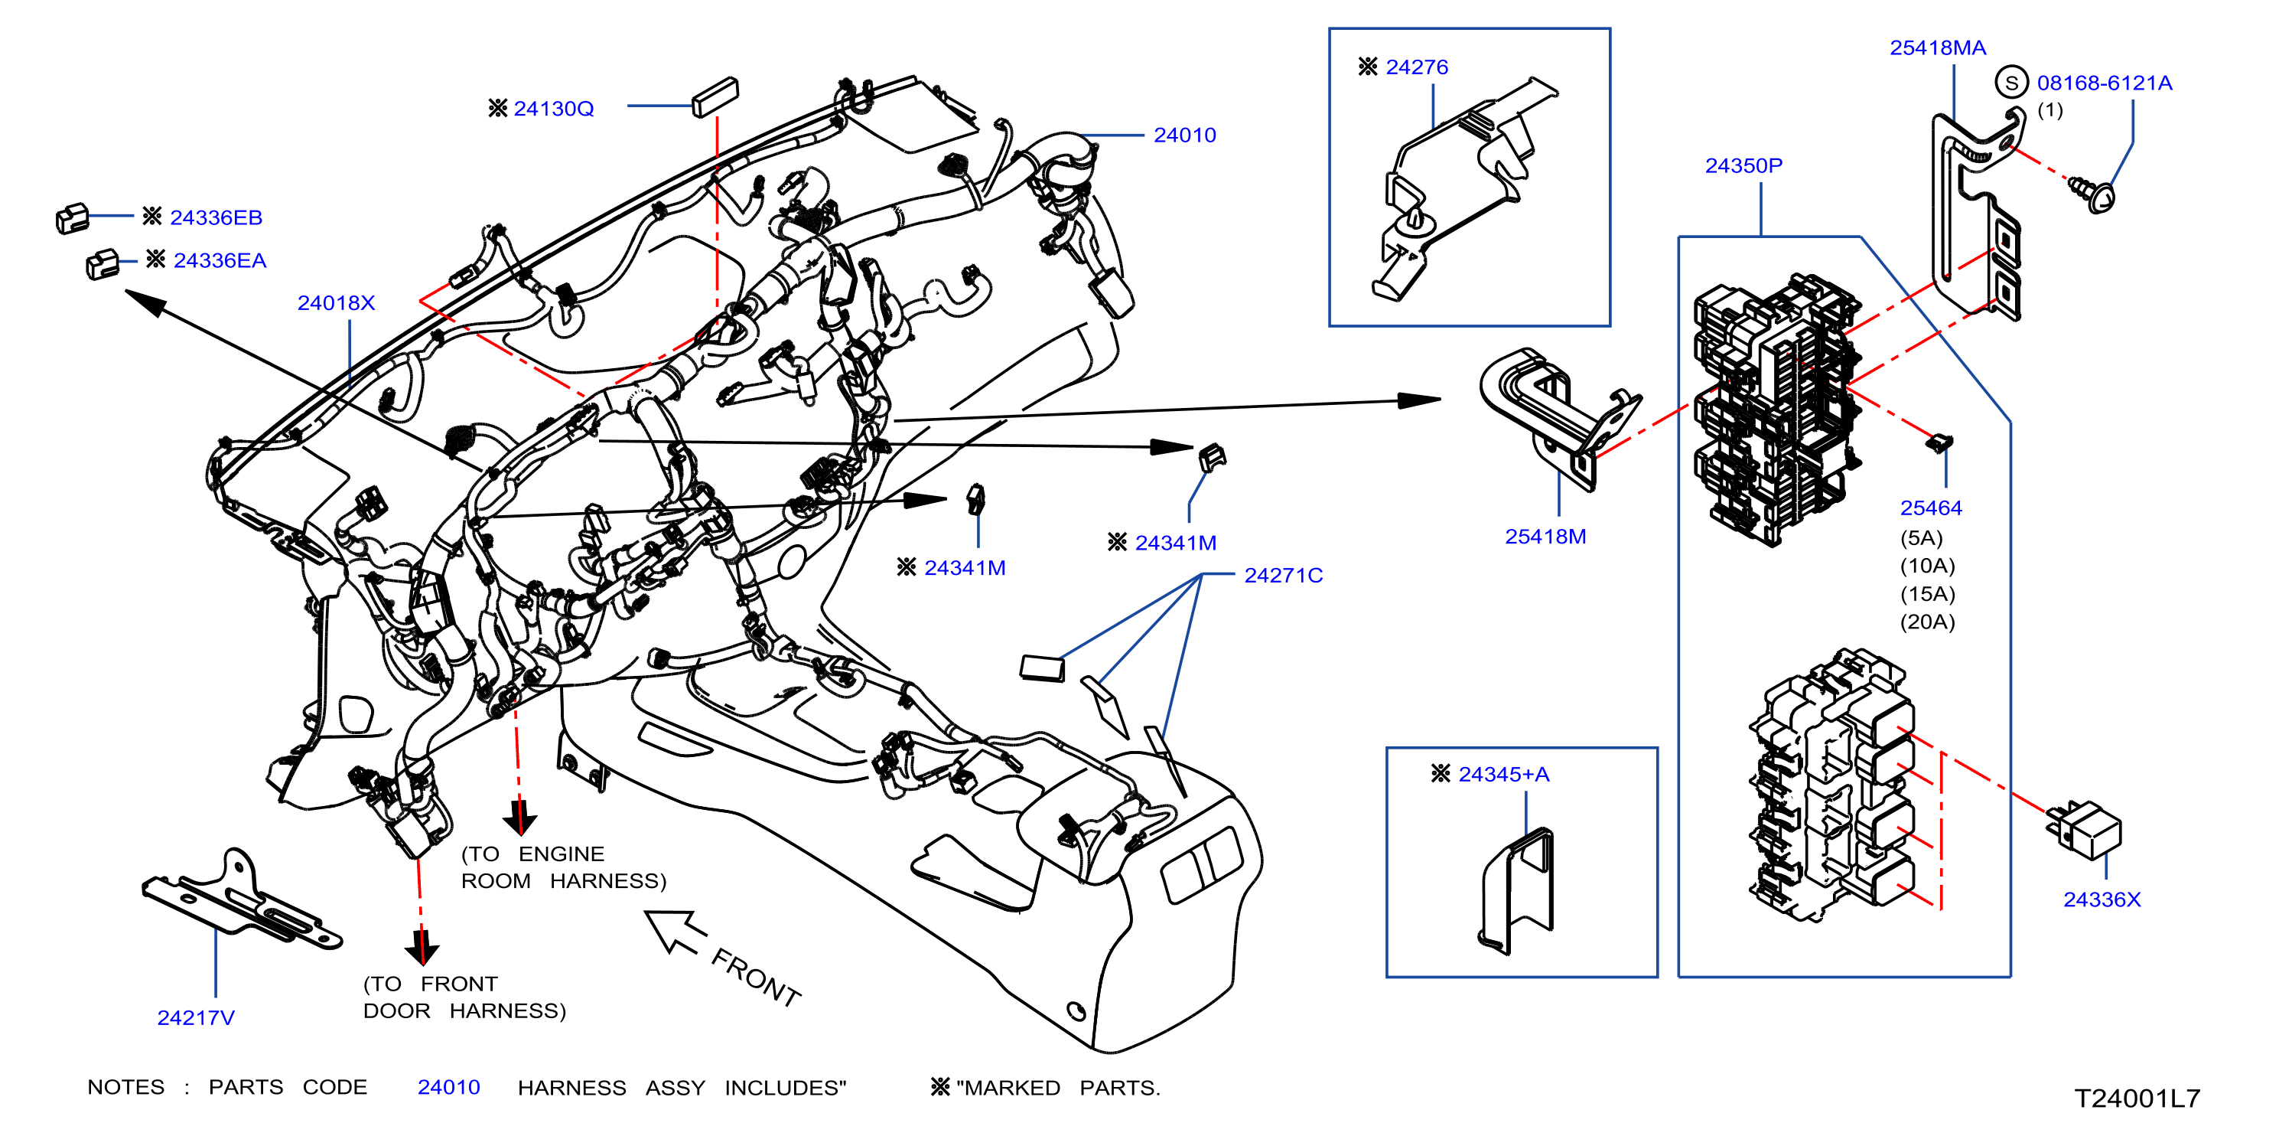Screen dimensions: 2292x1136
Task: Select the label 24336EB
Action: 217,217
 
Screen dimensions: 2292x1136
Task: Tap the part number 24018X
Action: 337,302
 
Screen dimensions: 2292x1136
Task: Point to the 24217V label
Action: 196,1017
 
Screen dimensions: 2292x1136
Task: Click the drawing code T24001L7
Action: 2137,1098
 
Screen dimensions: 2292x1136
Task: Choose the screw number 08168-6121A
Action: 2105,83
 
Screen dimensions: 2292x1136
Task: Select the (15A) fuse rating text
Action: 1927,594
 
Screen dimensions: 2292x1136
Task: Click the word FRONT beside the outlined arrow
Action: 757,977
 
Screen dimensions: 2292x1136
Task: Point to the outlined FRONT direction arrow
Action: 673,932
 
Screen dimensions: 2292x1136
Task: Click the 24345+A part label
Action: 1504,775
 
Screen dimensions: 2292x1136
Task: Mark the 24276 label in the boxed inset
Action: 1417,67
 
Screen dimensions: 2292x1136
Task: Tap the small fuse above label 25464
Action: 1939,442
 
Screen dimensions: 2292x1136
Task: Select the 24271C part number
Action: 1283,575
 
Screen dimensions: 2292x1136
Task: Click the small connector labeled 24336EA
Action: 103,263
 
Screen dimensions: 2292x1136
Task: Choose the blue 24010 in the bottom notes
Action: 448,1087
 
